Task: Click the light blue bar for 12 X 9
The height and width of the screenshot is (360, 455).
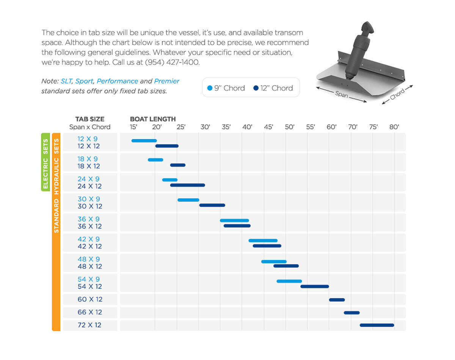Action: tap(144, 141)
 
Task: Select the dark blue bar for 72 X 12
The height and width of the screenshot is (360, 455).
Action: tap(377, 325)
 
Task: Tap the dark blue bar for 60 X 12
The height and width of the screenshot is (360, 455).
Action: tap(337, 300)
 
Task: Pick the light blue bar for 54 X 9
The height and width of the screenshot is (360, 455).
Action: tap(289, 281)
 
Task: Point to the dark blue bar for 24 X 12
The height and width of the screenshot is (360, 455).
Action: tap(187, 185)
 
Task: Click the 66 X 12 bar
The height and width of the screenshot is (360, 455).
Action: tap(351, 313)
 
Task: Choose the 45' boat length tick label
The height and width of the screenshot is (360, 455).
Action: tap(268, 127)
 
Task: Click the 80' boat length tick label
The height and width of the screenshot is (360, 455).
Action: tap(394, 127)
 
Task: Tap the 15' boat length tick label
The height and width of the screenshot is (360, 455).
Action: tap(133, 127)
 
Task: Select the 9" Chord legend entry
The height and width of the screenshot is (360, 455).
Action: tap(226, 88)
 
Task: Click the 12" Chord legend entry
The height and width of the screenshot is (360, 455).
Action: tap(273, 88)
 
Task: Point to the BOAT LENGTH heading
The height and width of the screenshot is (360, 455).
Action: tap(153, 119)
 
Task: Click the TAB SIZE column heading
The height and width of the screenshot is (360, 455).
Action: tap(90, 119)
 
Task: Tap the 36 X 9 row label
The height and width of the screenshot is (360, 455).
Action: tap(89, 219)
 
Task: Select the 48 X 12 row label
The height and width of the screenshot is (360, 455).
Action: tap(90, 266)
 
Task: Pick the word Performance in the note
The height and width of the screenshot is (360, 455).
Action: tap(118, 81)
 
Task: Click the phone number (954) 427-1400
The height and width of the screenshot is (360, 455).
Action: tap(172, 62)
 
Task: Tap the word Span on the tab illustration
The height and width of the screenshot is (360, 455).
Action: tap(341, 94)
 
